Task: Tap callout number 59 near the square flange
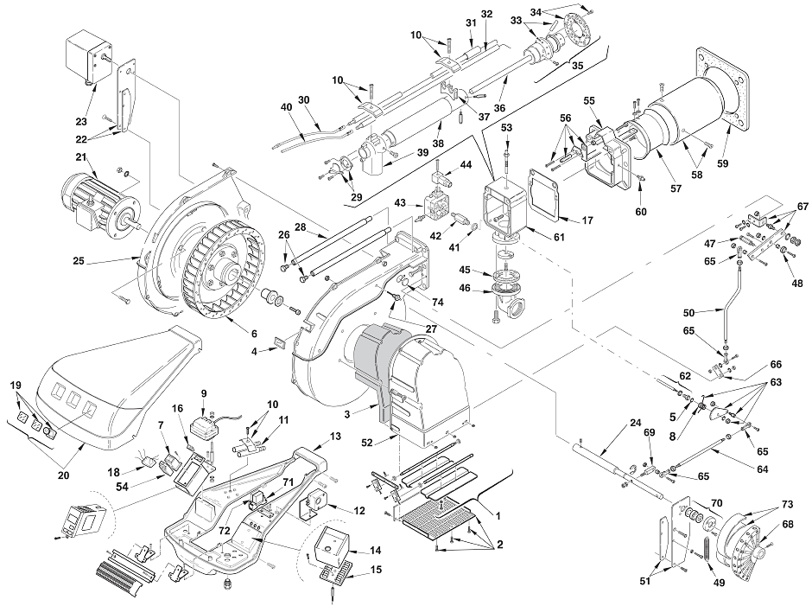[x=722, y=163]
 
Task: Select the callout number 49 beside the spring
[x=719, y=583]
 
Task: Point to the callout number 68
[x=788, y=525]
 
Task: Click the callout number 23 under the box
[x=81, y=122]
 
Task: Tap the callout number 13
[x=335, y=437]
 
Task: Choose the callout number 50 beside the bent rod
[x=688, y=313]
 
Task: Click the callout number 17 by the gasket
[x=587, y=220]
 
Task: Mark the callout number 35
[x=577, y=66]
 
